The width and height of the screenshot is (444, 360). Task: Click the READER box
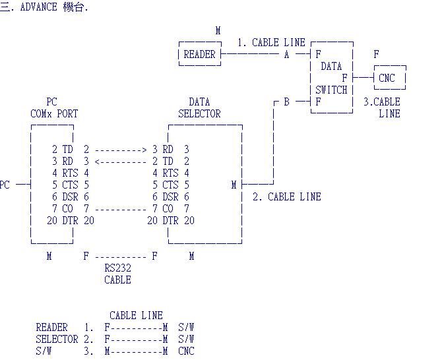tap(199, 55)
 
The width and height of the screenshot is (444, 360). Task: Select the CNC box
tap(387, 78)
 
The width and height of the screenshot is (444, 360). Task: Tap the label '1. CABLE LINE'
tap(271, 42)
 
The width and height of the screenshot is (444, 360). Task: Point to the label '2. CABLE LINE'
tap(287, 196)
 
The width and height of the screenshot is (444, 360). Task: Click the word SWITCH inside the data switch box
tap(331, 90)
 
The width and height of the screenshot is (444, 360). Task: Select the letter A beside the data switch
tap(286, 55)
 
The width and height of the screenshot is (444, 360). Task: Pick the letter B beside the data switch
tap(286, 102)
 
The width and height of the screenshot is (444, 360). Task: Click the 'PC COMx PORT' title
tap(53, 107)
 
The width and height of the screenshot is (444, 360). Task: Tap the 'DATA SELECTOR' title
tap(199, 107)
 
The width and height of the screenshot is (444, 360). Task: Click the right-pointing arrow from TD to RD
tap(121, 150)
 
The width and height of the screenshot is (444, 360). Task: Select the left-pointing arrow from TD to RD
tap(121, 162)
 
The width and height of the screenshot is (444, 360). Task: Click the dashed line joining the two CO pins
tap(121, 209)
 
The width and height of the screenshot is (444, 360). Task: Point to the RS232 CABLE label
tap(117, 274)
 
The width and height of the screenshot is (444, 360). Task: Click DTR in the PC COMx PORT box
tap(70, 221)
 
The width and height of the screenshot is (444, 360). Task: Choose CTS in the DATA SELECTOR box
tap(170, 185)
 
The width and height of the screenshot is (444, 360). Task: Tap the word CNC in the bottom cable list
tap(186, 351)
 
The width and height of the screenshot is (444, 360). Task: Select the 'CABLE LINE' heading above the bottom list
tap(136, 315)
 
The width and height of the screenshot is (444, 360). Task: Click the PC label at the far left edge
tap(5, 185)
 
